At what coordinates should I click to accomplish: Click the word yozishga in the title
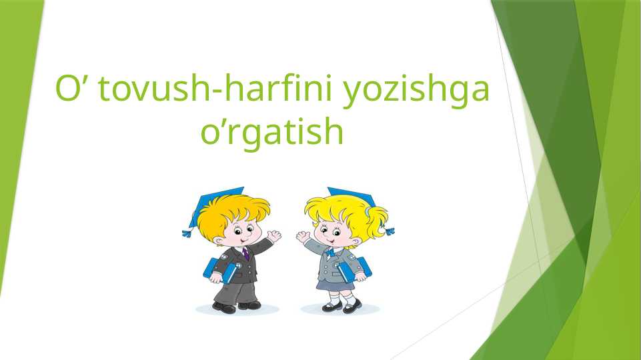click(x=416, y=91)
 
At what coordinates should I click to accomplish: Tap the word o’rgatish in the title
click(x=272, y=131)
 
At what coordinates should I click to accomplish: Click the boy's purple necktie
click(x=245, y=253)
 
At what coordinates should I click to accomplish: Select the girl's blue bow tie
click(x=331, y=251)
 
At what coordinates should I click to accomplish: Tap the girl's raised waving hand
click(x=303, y=237)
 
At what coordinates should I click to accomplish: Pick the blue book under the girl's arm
click(x=354, y=269)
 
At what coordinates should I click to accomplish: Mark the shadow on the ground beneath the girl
click(x=340, y=309)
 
